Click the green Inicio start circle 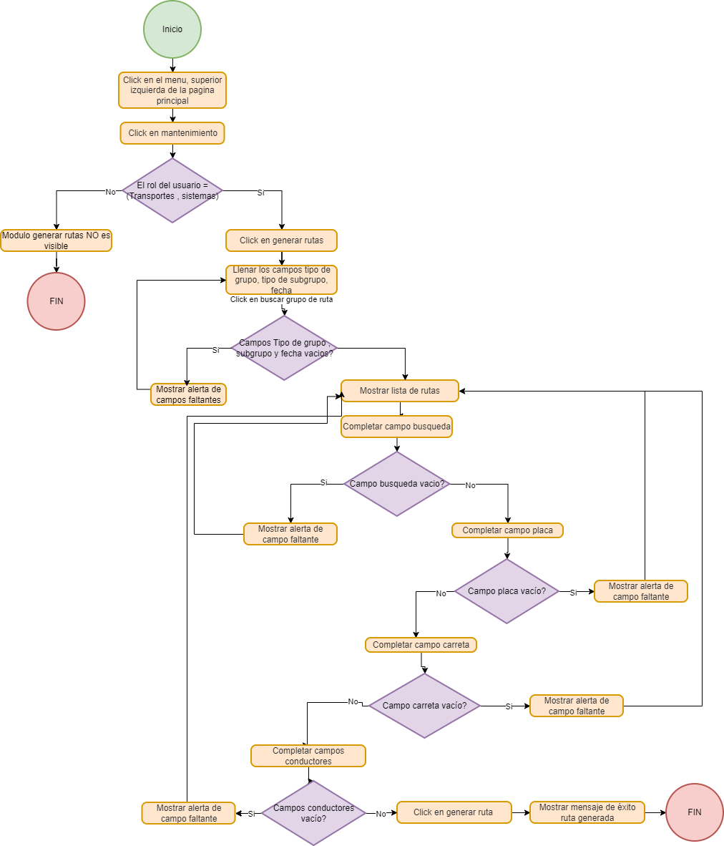tap(172, 29)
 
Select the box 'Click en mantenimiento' tap(172, 133)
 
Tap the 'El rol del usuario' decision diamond tap(172, 190)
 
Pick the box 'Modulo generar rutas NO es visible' tap(56, 240)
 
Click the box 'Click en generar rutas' tap(281, 240)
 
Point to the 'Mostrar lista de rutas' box tap(400, 391)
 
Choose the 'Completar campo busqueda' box tap(397, 427)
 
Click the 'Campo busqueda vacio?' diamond tap(396, 484)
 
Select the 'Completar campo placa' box tap(507, 530)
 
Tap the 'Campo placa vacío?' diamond tap(507, 591)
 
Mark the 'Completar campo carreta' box tap(421, 645)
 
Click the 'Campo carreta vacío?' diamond tap(424, 706)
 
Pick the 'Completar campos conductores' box tap(308, 756)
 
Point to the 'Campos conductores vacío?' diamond tap(313, 813)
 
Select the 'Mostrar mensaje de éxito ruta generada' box tap(587, 812)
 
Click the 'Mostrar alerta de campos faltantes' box tap(188, 394)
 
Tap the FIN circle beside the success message tap(694, 812)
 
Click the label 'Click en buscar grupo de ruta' tap(281, 300)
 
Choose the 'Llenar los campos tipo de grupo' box tap(281, 280)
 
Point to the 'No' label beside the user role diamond tap(110, 192)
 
